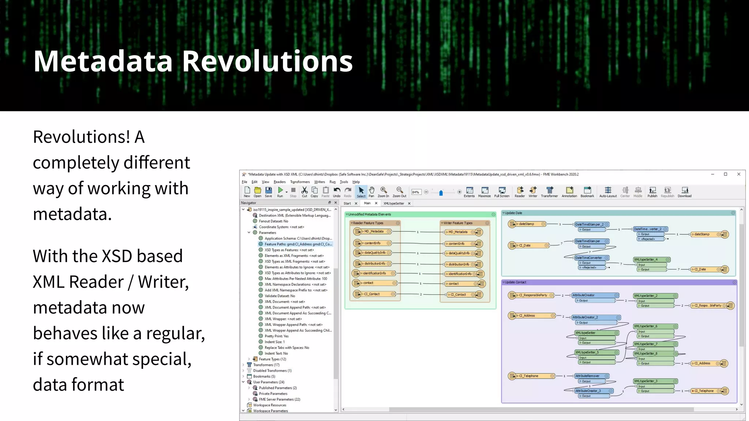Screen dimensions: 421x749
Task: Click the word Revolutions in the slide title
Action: click(267, 61)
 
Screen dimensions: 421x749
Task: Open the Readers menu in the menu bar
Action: click(279, 182)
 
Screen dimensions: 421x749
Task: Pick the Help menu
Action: click(356, 182)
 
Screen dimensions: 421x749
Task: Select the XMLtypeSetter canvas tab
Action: click(394, 204)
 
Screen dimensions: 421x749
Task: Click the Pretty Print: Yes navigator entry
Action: click(276, 336)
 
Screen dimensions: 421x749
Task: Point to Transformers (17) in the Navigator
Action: click(266, 365)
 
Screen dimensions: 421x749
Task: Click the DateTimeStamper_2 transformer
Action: click(589, 224)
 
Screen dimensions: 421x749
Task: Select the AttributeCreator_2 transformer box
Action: click(586, 317)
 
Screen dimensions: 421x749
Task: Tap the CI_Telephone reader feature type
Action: click(529, 376)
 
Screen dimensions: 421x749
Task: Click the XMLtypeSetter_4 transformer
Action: click(646, 259)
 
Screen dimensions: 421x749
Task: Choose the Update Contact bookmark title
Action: click(516, 282)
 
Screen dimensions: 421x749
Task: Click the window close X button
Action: click(739, 174)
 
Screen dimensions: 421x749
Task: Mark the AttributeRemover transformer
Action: click(587, 376)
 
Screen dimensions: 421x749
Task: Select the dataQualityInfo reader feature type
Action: click(374, 253)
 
